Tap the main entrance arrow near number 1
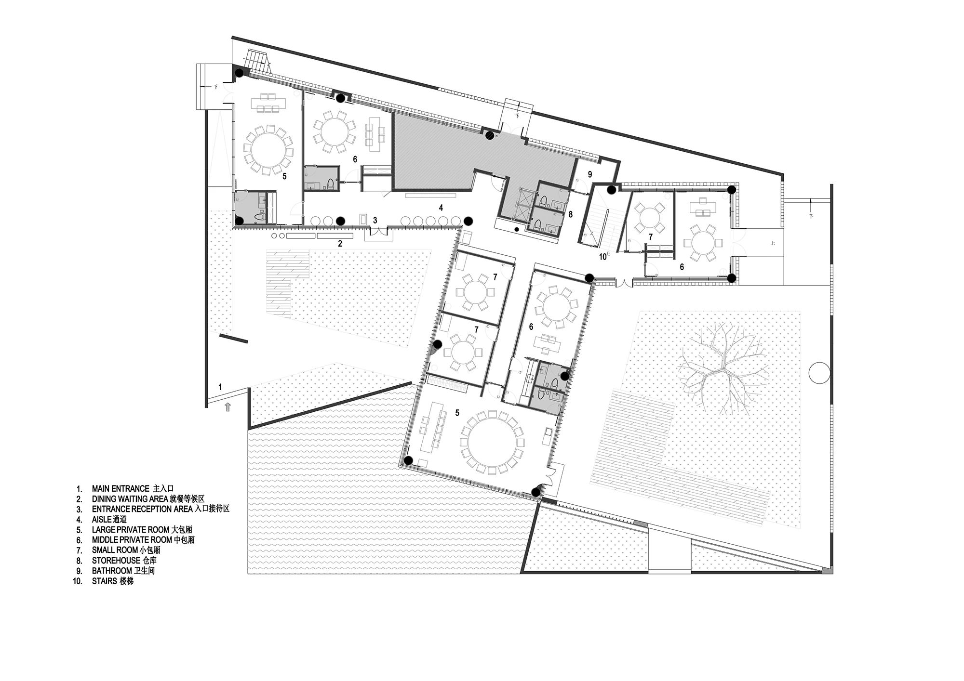(228, 407)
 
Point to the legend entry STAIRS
(112, 581)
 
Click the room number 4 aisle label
(441, 208)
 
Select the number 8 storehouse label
(571, 214)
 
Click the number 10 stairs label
(602, 257)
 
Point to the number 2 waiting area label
(340, 244)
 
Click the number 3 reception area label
(375, 220)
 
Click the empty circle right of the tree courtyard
(817, 373)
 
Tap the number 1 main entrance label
(220, 386)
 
